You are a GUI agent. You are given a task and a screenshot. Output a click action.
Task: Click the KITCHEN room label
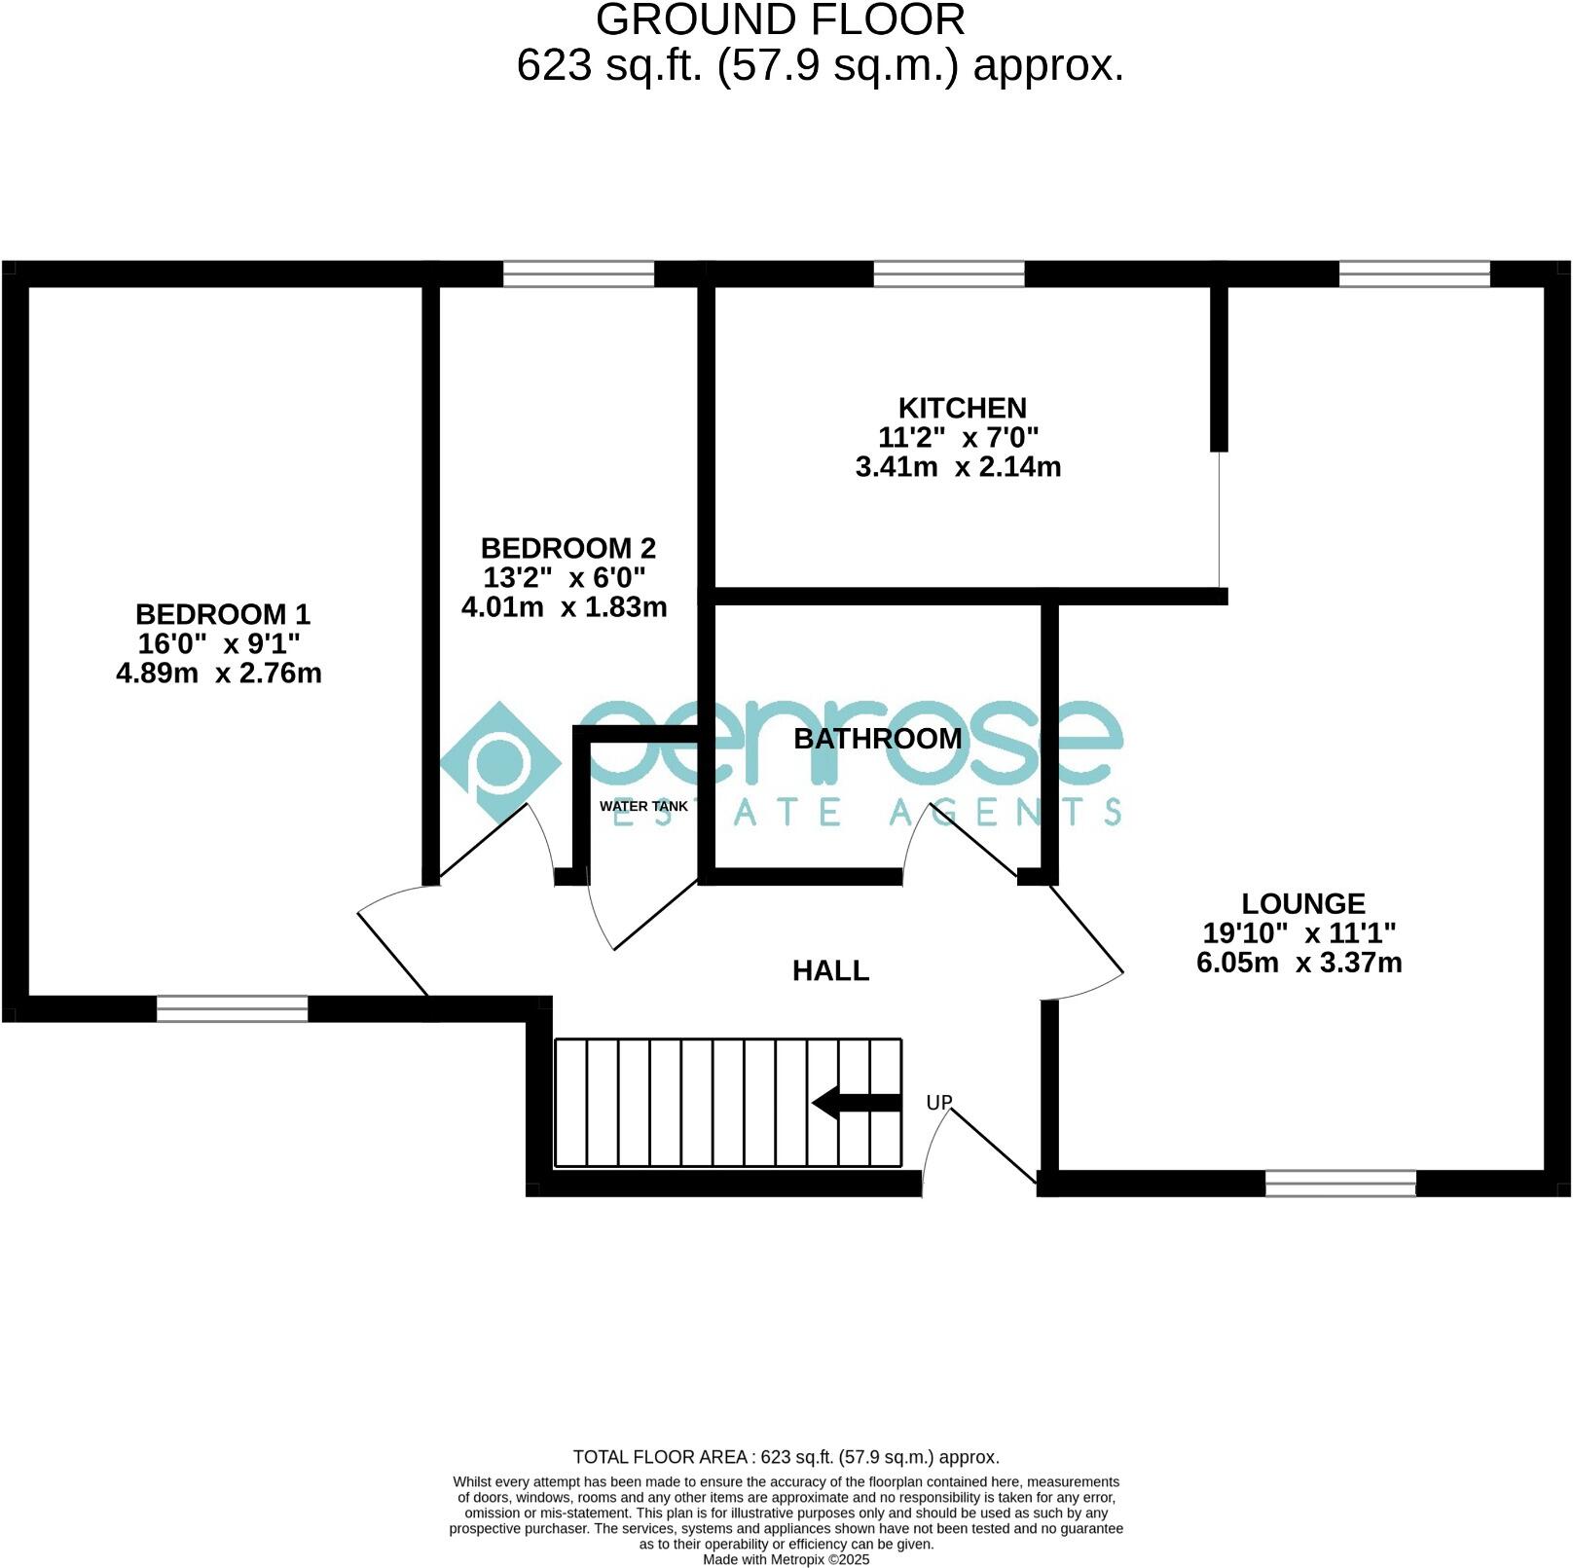tap(962, 408)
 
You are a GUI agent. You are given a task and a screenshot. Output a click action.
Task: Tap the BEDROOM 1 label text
tap(222, 614)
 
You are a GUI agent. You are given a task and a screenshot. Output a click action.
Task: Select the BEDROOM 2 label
tap(567, 548)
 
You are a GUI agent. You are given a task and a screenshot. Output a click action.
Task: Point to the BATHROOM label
tap(877, 739)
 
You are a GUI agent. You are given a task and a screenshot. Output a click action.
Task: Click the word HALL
tap(830, 970)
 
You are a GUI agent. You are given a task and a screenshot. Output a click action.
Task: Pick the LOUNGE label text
tap(1303, 903)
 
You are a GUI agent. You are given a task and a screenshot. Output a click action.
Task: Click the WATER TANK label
tap(643, 806)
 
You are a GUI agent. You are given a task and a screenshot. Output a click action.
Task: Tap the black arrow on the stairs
tap(857, 1103)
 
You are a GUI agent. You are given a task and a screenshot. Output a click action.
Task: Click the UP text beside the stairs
tap(938, 1103)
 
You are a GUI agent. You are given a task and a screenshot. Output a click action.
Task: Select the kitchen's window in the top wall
tap(949, 273)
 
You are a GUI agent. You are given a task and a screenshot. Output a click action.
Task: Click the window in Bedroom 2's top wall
tap(578, 273)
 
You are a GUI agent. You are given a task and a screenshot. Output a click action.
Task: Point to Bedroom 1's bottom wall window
tap(232, 1008)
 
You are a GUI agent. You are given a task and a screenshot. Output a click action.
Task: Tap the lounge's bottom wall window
tap(1340, 1184)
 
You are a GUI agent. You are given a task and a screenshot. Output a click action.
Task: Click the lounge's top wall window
tap(1414, 273)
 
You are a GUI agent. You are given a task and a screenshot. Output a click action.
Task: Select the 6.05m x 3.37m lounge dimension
tap(1299, 963)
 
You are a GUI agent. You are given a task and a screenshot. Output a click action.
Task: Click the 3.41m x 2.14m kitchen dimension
tap(958, 467)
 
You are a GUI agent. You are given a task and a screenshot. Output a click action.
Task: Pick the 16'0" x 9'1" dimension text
tap(219, 643)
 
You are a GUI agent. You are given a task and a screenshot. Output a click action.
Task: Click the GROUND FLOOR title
tap(780, 19)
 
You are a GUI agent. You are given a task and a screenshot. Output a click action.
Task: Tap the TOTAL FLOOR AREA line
tap(786, 1457)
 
